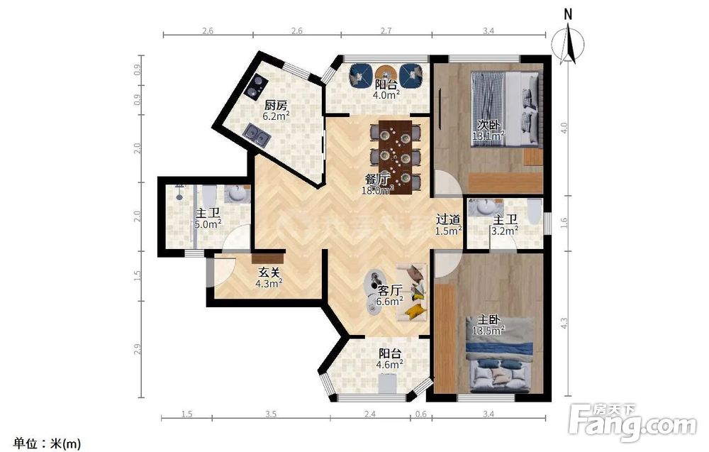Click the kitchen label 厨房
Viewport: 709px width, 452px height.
tap(276, 106)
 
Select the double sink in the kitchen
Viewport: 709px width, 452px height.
tap(257, 134)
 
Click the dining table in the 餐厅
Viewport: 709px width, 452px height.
tap(395, 157)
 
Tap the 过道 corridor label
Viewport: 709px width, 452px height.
tap(448, 220)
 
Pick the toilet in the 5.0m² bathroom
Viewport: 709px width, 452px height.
tap(208, 194)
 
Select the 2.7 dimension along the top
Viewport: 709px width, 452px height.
tap(386, 31)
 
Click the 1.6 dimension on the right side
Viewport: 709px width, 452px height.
tap(564, 223)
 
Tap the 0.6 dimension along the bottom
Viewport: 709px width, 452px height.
tap(421, 414)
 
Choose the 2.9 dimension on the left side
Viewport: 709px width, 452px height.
tap(138, 349)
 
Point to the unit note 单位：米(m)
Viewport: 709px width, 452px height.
tap(48, 443)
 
